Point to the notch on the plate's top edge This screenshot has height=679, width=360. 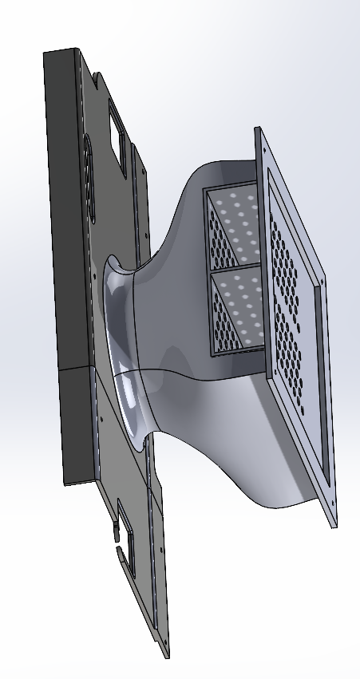coord(97,79)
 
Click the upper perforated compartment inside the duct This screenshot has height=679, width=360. coord(231,227)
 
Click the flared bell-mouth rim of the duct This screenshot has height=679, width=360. coord(120,335)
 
